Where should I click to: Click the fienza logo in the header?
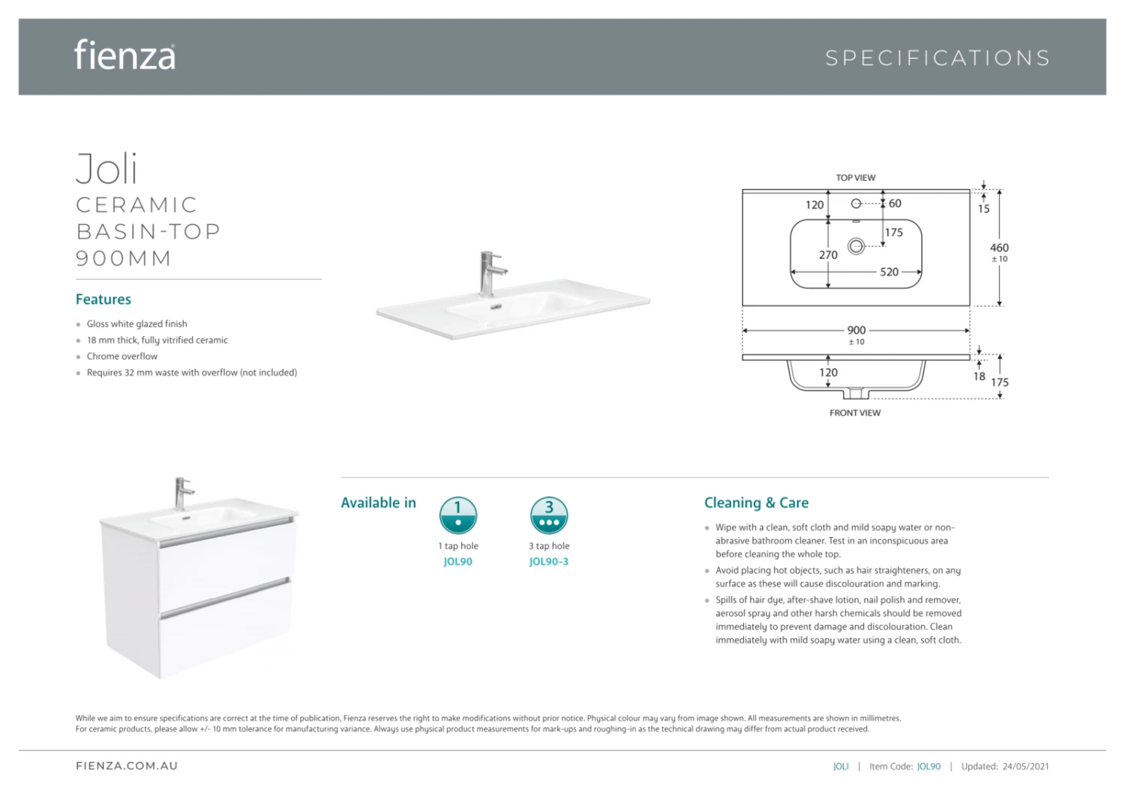point(124,56)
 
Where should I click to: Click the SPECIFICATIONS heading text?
point(937,59)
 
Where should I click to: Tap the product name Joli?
point(107,169)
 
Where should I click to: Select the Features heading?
point(103,299)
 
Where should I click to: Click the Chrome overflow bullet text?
point(122,356)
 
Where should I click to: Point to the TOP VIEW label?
point(856,178)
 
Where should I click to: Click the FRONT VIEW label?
point(855,413)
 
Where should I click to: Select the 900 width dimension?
point(856,330)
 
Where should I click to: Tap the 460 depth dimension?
point(1000,248)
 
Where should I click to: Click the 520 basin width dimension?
point(889,272)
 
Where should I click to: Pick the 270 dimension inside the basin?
point(828,255)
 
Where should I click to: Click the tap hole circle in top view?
point(856,203)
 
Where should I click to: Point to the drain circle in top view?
point(856,246)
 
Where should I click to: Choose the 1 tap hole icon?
point(458,515)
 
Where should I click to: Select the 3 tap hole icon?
point(549,515)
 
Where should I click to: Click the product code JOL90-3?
point(549,562)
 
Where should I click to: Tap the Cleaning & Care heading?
point(756,503)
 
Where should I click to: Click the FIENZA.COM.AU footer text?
point(127,766)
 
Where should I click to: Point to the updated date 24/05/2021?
point(1025,767)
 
